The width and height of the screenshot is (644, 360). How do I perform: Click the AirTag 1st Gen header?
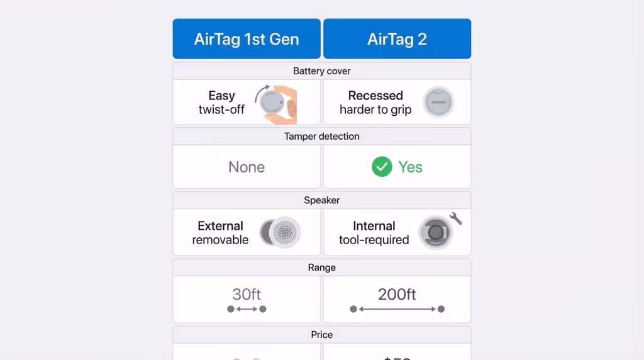coord(247,39)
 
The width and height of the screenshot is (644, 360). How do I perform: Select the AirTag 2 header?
coord(397,39)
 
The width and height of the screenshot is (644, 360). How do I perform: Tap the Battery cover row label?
coord(321,71)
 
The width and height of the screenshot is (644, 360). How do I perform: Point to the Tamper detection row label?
coord(321,136)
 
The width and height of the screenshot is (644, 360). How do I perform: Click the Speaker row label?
coord(321,200)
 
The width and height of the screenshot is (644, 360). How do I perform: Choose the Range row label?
coord(321,267)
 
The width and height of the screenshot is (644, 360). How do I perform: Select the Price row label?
coord(321,335)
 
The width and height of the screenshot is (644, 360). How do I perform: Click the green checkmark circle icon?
coord(382,167)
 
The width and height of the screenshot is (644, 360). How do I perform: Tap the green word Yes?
coord(410,167)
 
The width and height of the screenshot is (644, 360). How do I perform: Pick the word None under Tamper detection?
coord(247,167)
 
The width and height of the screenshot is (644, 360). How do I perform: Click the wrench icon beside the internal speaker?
coord(456,218)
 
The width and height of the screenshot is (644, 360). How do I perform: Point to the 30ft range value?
coord(247,294)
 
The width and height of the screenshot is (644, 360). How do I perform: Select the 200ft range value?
coord(397,294)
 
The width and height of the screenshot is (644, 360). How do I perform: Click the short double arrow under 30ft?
coord(247,309)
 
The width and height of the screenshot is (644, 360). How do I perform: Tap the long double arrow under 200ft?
coord(397,309)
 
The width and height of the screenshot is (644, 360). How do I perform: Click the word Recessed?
coord(375,96)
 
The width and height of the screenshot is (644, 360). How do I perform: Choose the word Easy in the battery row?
coord(221,96)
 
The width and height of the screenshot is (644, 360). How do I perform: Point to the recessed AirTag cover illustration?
coord(438,102)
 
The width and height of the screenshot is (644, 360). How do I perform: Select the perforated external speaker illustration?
coord(284,232)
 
